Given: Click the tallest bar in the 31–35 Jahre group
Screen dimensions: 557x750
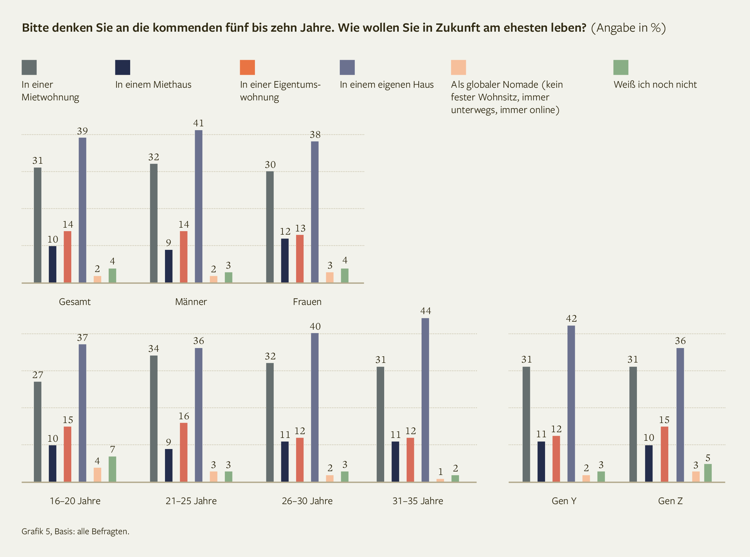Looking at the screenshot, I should coord(425,400).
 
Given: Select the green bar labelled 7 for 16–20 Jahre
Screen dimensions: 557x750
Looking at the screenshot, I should coord(112,469).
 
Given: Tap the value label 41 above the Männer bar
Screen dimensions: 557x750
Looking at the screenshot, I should coord(198,123).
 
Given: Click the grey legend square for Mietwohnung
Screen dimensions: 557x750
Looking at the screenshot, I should coord(29,67).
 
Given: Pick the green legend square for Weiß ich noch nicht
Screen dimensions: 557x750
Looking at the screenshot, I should coord(620,67).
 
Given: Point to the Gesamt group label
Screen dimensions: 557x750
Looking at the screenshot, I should coord(74,302).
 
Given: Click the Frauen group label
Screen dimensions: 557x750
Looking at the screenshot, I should coord(307,302).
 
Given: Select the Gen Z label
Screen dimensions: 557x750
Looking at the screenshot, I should coord(670,501).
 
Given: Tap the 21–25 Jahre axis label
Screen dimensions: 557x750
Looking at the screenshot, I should coord(191,501).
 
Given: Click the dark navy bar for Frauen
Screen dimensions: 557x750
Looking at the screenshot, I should coord(285,261).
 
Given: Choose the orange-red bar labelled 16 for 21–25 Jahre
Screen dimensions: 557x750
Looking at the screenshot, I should coord(183,452).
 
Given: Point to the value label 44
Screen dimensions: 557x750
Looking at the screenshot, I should coord(426,311).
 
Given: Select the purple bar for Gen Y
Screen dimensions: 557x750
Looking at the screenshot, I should coord(571,404).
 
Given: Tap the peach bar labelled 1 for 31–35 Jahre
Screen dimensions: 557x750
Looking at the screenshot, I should coord(440,480).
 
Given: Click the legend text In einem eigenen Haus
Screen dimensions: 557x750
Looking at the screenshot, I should coord(386,85).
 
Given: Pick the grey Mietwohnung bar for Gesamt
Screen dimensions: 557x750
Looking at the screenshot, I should coord(37,225).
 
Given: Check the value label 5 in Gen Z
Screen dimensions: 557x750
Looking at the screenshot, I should coord(708,458).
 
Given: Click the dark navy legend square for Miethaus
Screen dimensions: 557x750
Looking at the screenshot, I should coord(123,67).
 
